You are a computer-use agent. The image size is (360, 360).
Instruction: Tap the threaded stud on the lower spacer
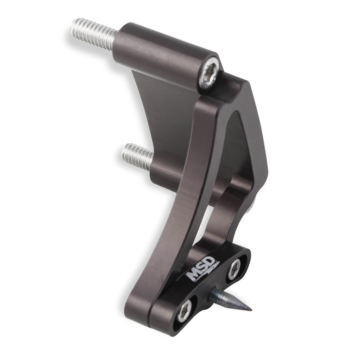[137, 156]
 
